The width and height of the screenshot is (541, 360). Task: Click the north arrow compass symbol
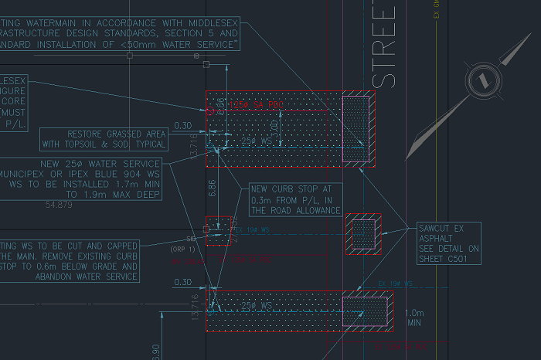pyautogui.click(x=481, y=80)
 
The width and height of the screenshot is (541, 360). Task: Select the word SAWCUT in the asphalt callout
pyautogui.click(x=434, y=229)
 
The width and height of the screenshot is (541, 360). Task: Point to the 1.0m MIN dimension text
pyautogui.click(x=415, y=318)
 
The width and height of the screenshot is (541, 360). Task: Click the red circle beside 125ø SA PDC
pyautogui.click(x=212, y=110)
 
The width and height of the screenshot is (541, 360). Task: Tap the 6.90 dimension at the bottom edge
pyautogui.click(x=155, y=352)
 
